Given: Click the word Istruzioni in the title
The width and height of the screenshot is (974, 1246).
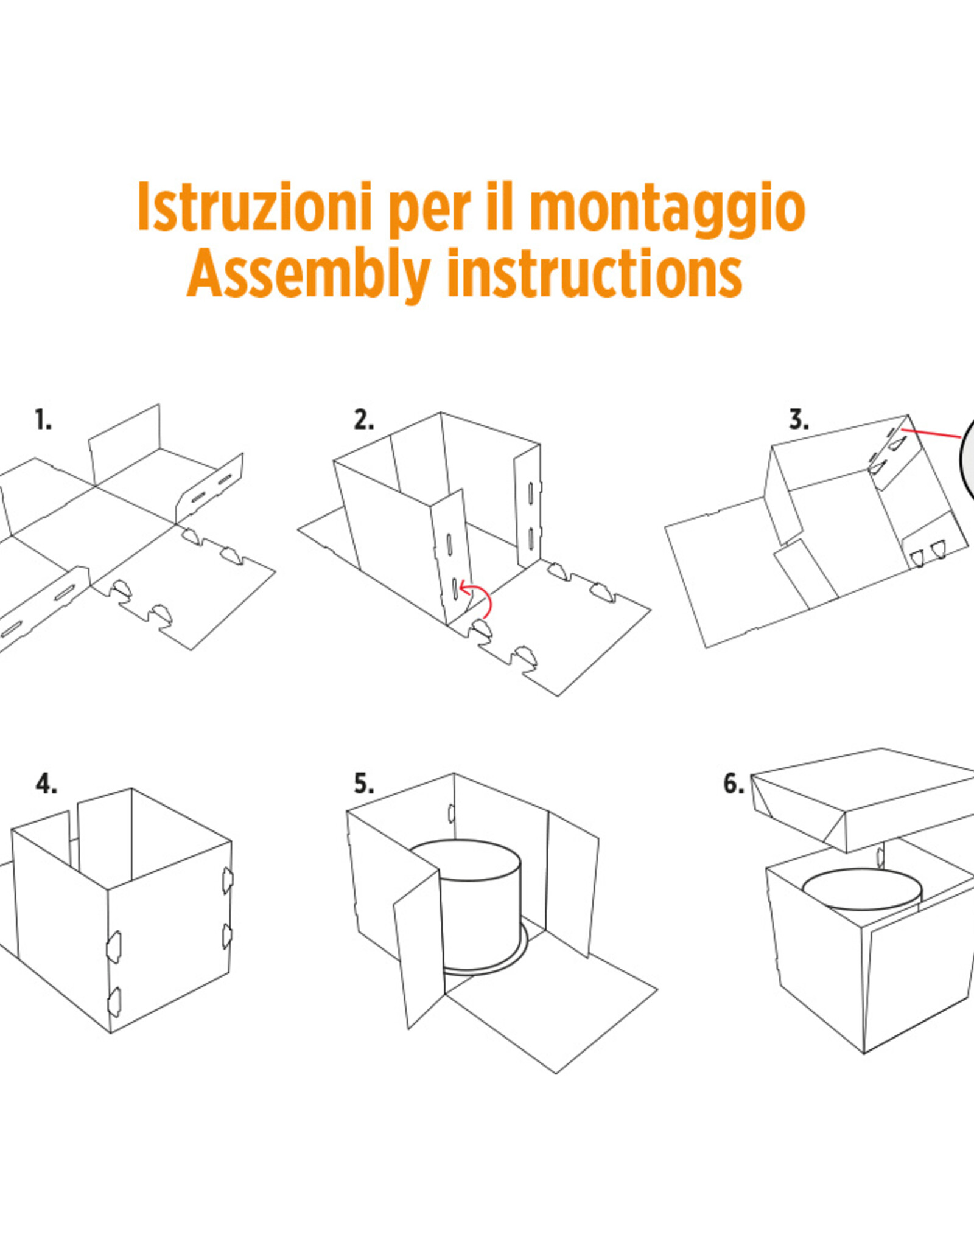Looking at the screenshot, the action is pos(254,207).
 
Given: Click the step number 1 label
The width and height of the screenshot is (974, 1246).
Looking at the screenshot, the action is pos(43,420).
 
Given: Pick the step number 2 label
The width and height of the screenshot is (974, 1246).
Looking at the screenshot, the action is pos(363,420).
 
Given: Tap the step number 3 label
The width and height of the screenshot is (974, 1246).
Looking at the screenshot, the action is pos(799,420).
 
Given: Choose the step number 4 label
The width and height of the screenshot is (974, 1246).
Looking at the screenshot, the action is pos(46,784).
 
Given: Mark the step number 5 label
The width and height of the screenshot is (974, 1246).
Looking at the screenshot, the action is pos(363,784).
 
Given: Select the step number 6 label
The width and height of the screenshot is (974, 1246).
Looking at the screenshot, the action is pos(733,784).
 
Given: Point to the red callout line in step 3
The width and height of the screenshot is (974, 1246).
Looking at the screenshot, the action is pos(931,433).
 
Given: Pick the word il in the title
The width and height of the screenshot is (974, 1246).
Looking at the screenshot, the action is pos(501,207).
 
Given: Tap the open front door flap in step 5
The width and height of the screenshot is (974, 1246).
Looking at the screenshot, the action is pos(419,949).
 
